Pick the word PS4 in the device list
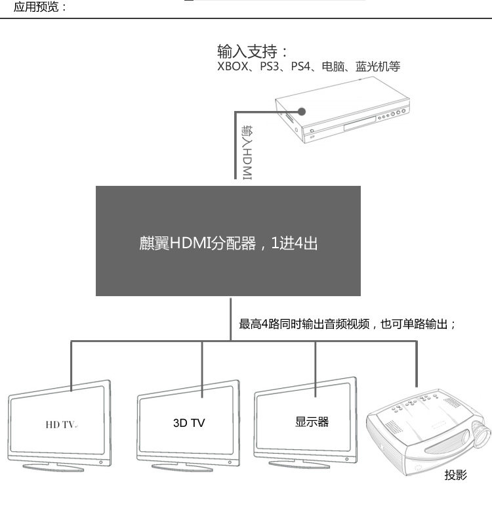(304, 66)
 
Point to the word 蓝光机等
(377, 66)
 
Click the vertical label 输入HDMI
(247, 152)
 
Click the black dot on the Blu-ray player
(302, 111)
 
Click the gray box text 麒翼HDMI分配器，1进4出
(228, 243)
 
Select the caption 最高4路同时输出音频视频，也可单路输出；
(346, 324)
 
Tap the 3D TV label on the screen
(189, 423)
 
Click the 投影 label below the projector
(455, 475)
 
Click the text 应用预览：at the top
(41, 8)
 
